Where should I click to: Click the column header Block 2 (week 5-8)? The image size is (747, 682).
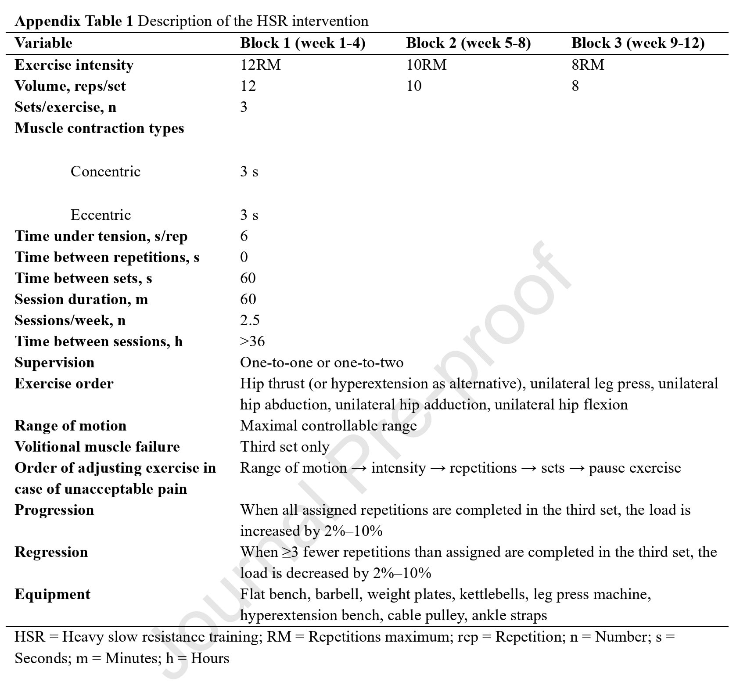pos(468,43)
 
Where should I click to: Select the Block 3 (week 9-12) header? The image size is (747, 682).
pos(638,43)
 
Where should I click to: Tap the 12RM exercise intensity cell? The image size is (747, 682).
pos(260,65)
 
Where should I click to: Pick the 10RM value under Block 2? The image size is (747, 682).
pos(426,65)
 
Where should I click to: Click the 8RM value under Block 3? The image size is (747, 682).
pos(588,65)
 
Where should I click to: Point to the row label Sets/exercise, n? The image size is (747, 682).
pos(65,107)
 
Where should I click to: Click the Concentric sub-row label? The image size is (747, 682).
pos(105,172)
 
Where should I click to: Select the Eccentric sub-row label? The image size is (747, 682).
pos(101,215)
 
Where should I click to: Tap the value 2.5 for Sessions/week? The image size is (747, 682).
pos(250,320)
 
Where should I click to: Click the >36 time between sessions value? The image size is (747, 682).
pos(252,341)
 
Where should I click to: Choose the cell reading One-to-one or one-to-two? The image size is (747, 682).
pos(321,363)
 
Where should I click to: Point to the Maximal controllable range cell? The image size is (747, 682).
pos(328,426)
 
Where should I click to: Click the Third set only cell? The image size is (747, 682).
pos(284,447)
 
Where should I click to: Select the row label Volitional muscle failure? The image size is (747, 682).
pos(97,447)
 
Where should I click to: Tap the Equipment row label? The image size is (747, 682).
pos(52,594)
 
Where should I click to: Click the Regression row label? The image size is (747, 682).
pos(51,552)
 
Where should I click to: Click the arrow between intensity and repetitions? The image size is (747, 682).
pos(438,468)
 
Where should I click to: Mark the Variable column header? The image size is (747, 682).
pos(43,43)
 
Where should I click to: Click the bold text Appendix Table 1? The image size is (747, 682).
pos(73,21)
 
